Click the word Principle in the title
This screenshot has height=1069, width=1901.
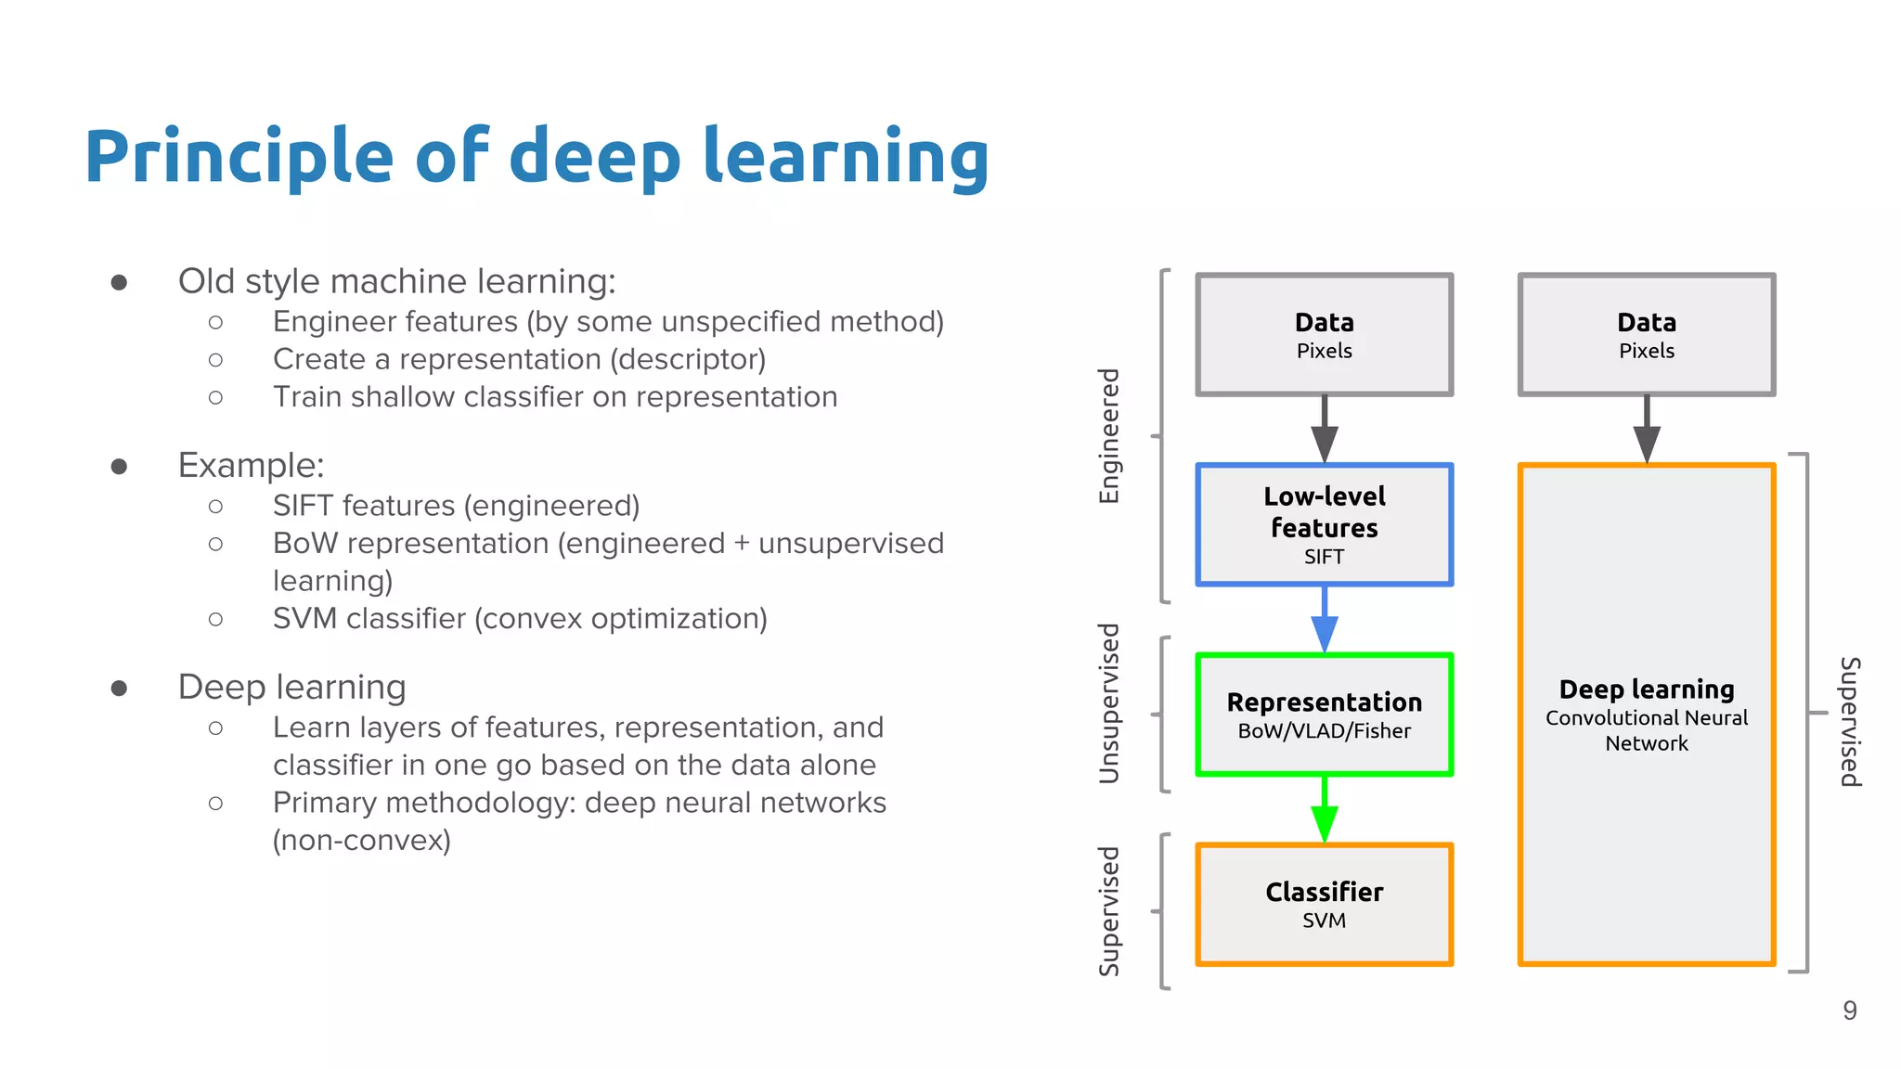click(x=239, y=156)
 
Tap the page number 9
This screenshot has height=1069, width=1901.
click(x=1849, y=1011)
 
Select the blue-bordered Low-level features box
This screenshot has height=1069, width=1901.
click(x=1324, y=524)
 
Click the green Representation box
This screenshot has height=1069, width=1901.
click(x=1324, y=715)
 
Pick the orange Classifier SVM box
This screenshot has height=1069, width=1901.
click(x=1324, y=905)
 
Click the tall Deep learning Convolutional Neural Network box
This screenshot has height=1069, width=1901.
click(x=1646, y=715)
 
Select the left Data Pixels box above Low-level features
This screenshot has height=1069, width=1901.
click(x=1324, y=334)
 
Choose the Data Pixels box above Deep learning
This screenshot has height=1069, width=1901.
click(x=1646, y=334)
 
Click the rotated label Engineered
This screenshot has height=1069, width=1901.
click(x=1109, y=436)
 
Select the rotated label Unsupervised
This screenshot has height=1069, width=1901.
click(x=1109, y=703)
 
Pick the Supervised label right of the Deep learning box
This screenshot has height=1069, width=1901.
click(x=1849, y=722)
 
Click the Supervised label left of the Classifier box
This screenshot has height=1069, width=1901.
click(x=1109, y=911)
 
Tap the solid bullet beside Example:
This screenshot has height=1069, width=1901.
click(x=119, y=466)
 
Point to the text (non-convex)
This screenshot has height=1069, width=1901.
click(x=361, y=841)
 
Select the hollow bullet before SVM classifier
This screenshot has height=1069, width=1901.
click(x=215, y=619)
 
